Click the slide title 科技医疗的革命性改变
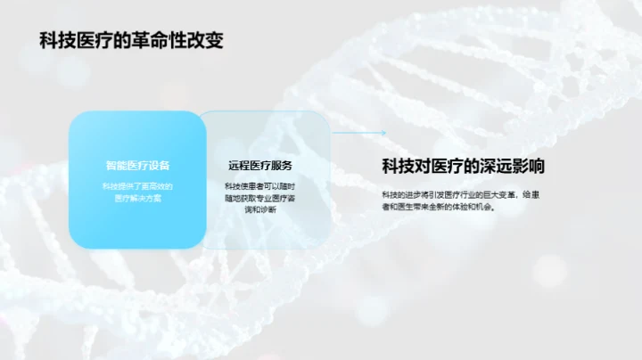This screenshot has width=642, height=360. point(130,40)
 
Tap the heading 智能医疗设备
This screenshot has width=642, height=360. point(137,166)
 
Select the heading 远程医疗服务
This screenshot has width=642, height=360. point(260,166)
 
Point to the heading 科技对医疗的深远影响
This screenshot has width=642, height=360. point(464,166)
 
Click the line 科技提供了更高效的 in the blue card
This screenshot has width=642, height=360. point(137,185)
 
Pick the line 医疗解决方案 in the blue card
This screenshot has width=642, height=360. point(137,198)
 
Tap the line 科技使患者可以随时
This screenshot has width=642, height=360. point(259,185)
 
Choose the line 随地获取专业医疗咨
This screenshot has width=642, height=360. point(259,198)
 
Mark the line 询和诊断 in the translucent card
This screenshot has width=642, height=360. point(259,210)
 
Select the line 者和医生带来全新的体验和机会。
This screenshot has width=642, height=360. point(438,207)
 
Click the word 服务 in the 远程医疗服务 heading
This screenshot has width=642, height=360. point(282,166)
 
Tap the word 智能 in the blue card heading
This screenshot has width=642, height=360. point(116,166)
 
